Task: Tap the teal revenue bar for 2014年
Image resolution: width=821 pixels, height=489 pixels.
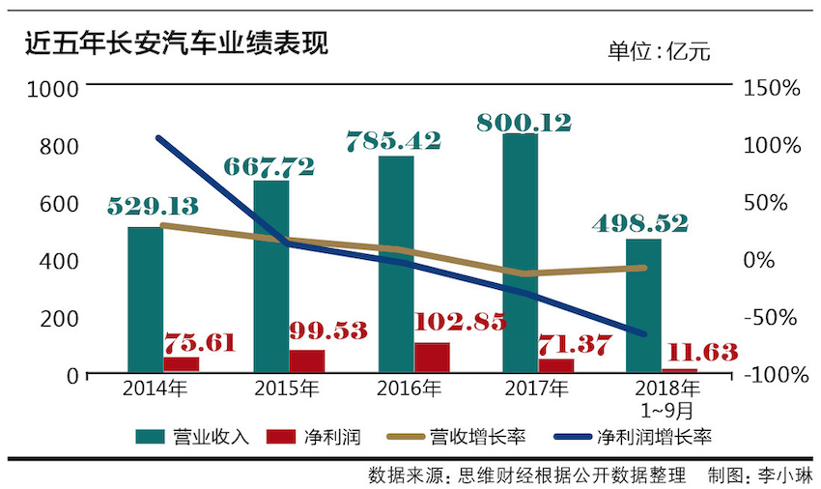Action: tap(145, 299)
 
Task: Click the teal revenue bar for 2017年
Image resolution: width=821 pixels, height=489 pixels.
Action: tap(521, 252)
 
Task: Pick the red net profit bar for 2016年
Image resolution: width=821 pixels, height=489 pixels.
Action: tap(432, 357)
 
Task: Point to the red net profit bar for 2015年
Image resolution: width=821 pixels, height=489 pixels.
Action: tap(307, 360)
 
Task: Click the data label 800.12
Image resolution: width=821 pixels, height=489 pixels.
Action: tap(524, 122)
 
